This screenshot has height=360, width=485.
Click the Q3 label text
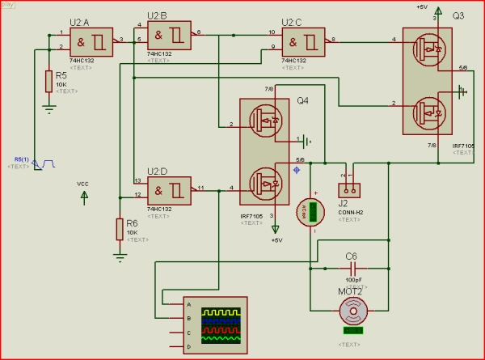tap(458, 16)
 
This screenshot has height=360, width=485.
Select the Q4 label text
tap(302, 101)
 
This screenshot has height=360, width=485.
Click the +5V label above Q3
tap(422, 6)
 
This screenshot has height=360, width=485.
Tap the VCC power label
tap(82, 184)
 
